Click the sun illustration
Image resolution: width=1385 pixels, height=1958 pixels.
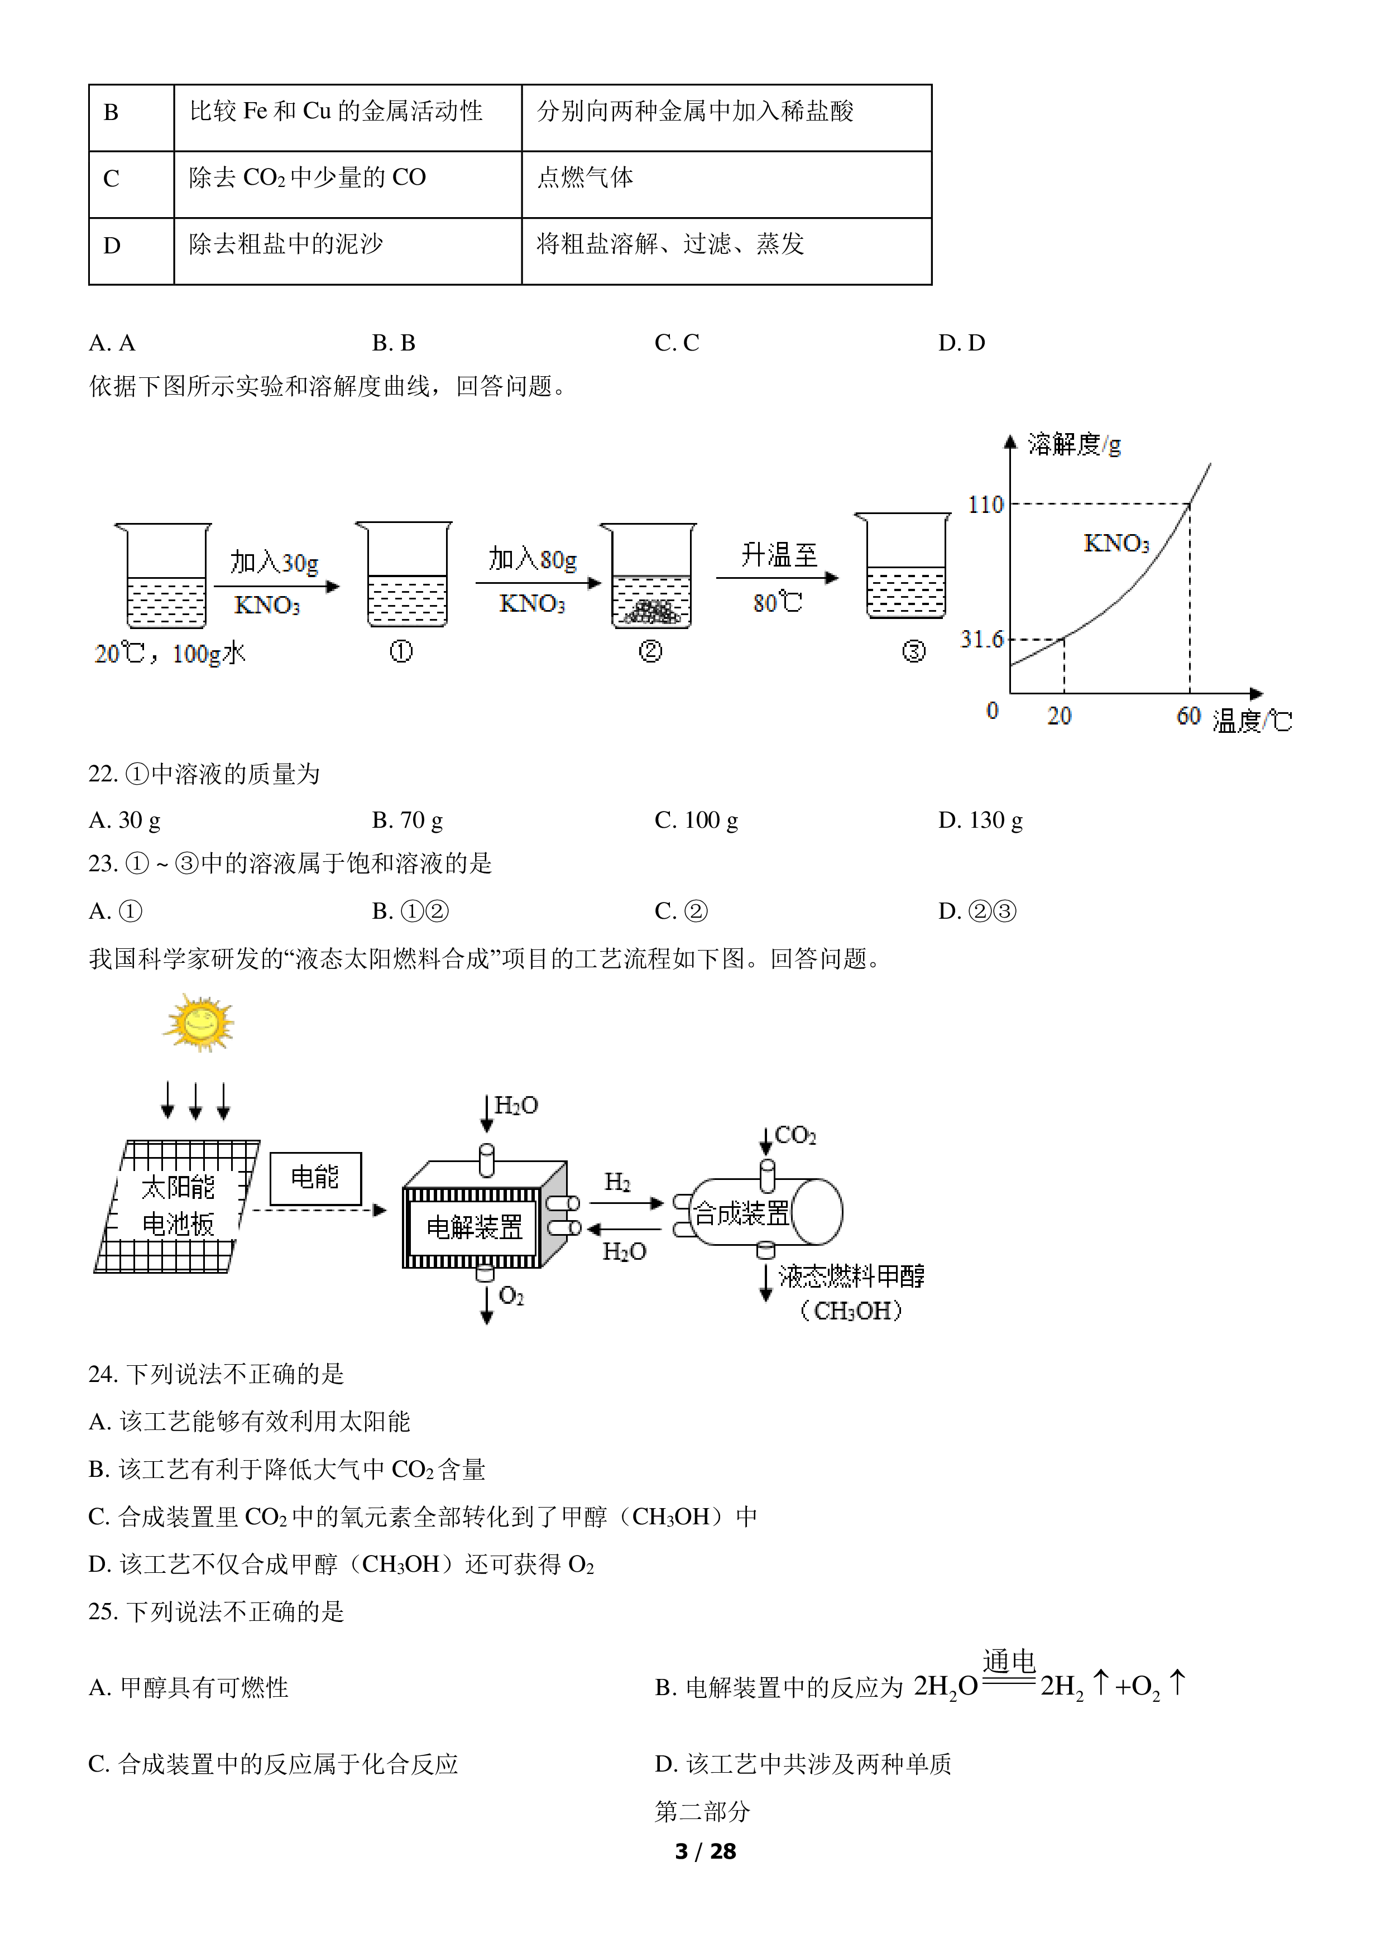[x=199, y=1023]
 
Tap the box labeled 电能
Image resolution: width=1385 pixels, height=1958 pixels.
[x=315, y=1179]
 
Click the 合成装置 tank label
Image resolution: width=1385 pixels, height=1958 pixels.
[x=742, y=1213]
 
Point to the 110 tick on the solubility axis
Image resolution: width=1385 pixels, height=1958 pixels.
[x=986, y=505]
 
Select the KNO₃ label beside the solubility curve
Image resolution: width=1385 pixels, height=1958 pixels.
[x=1116, y=543]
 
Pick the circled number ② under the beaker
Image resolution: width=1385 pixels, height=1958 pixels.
[x=650, y=651]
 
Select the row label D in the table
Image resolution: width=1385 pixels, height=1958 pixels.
[x=112, y=246]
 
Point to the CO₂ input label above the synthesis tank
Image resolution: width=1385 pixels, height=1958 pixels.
[x=795, y=1135]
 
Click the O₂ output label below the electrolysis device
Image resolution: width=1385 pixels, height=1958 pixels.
[x=511, y=1296]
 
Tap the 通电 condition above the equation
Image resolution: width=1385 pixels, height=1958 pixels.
[x=1009, y=1661]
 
